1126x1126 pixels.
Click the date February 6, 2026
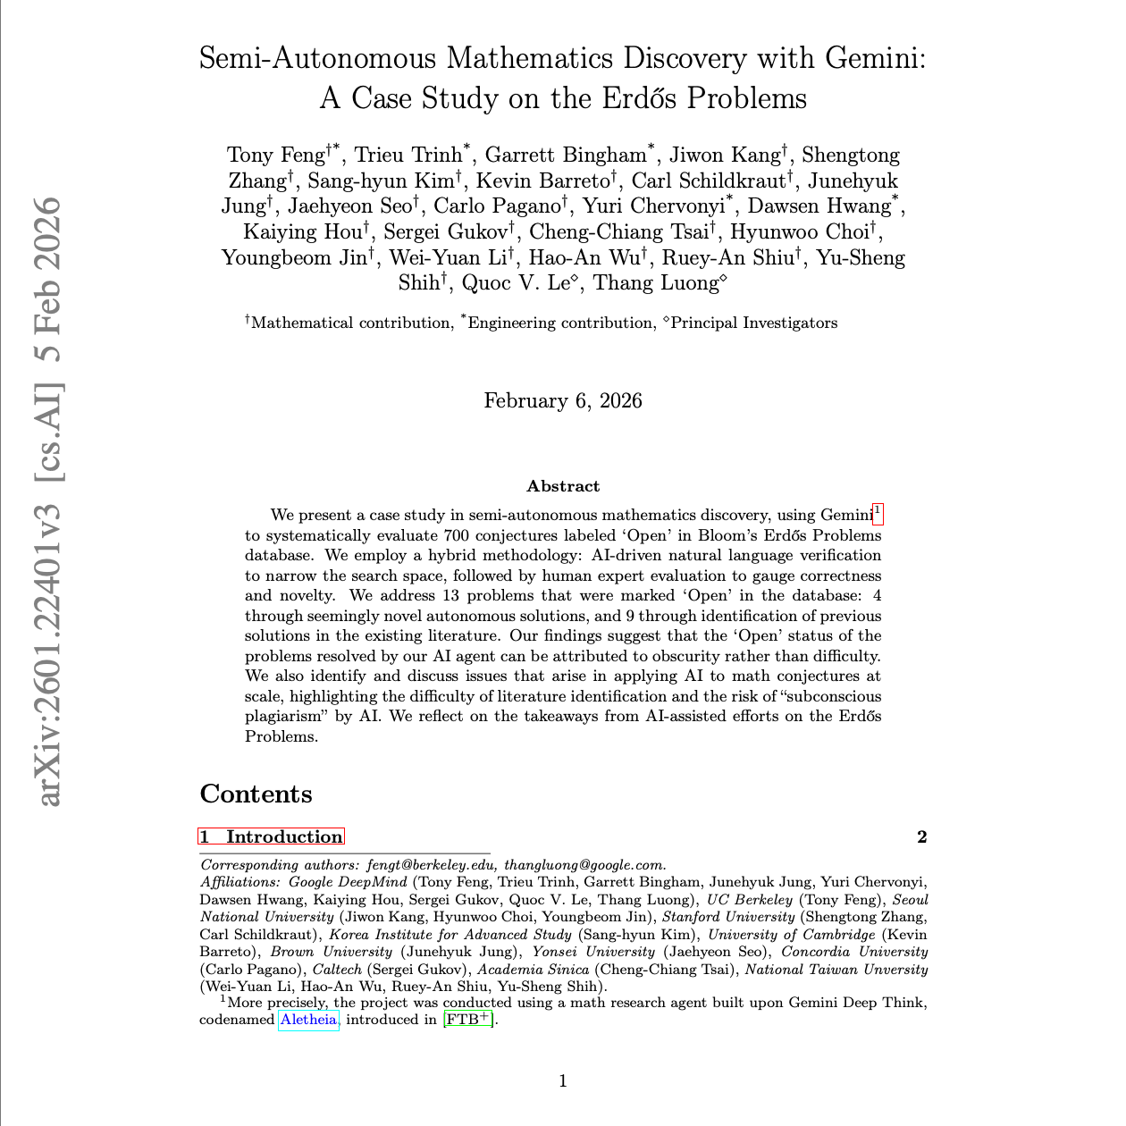click(x=563, y=401)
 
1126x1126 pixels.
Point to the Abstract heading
click(x=563, y=486)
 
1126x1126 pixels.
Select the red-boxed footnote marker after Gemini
click(x=878, y=513)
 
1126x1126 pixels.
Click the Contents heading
click(x=256, y=794)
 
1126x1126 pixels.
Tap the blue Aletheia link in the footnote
click(x=308, y=1020)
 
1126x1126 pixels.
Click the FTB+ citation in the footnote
click(x=468, y=1019)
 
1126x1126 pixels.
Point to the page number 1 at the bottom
click(x=563, y=1081)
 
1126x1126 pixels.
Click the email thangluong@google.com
click(x=584, y=865)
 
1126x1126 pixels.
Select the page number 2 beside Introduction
click(x=921, y=836)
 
